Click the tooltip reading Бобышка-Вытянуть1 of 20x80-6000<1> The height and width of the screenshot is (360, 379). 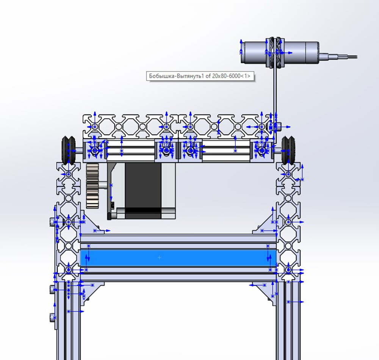pyautogui.click(x=200, y=76)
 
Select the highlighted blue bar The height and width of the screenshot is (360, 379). pyautogui.click(x=178, y=258)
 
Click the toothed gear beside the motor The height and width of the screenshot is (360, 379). pyautogui.click(x=92, y=186)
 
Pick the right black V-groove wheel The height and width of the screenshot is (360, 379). pyautogui.click(x=288, y=150)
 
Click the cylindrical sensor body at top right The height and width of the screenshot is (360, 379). pyautogui.click(x=280, y=52)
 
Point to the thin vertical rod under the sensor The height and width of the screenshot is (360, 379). pyautogui.click(x=275, y=104)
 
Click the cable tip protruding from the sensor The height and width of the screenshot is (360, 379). pyautogui.click(x=352, y=57)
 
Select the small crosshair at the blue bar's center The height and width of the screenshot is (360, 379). pyautogui.click(x=159, y=258)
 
